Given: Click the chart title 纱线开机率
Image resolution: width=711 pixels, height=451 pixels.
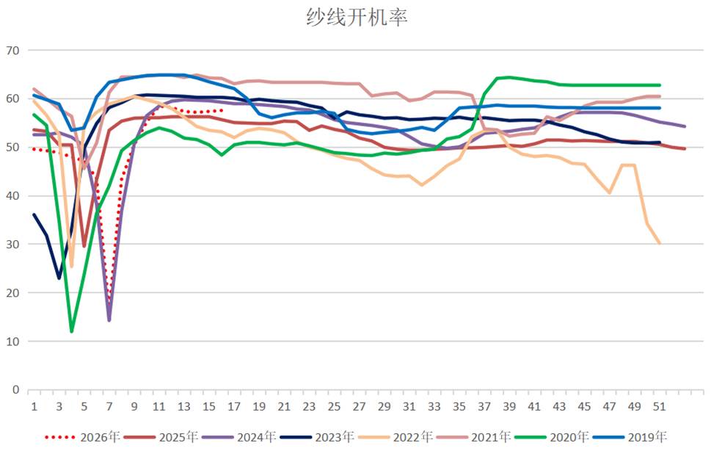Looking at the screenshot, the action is coord(357,17).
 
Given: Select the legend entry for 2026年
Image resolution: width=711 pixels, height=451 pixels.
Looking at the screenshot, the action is coord(82,437).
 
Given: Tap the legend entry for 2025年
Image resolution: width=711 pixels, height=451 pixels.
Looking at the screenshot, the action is coord(161,437).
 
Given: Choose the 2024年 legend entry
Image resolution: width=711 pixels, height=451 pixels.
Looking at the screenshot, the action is coord(239,437).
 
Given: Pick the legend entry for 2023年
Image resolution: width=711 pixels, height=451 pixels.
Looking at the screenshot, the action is coord(317,437).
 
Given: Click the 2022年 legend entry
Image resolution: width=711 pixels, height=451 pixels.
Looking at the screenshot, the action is coord(395,437).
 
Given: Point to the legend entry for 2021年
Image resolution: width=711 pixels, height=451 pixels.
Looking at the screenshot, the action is coord(473,437).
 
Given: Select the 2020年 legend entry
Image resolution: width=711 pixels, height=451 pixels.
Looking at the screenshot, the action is coord(552,437).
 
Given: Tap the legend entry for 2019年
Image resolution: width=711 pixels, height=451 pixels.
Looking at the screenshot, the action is coord(630,437).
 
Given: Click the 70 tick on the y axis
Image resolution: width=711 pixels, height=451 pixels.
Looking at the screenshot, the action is coord(12,51).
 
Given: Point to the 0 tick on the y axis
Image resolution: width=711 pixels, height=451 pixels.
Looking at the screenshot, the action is coord(16,390).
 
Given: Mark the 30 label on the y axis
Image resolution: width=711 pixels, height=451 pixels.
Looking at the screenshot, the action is coord(12,244).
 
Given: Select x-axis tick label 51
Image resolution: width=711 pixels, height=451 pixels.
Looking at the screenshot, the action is coord(660,406).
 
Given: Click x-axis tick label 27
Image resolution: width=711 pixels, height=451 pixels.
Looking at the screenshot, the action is coord(359,406).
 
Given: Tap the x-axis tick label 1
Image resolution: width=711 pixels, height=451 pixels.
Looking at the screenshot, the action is coord(34,406).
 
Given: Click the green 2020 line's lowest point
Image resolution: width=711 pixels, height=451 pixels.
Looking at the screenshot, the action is coord(72,331).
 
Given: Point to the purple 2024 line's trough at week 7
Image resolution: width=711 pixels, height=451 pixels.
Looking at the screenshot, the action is coord(109,320).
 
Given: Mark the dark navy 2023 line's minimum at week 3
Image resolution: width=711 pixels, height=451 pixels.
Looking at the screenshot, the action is coord(59,278).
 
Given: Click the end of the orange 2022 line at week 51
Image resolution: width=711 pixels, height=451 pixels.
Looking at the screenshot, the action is coord(660,243).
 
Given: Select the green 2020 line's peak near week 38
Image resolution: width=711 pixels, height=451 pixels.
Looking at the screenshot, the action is coord(497,78).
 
